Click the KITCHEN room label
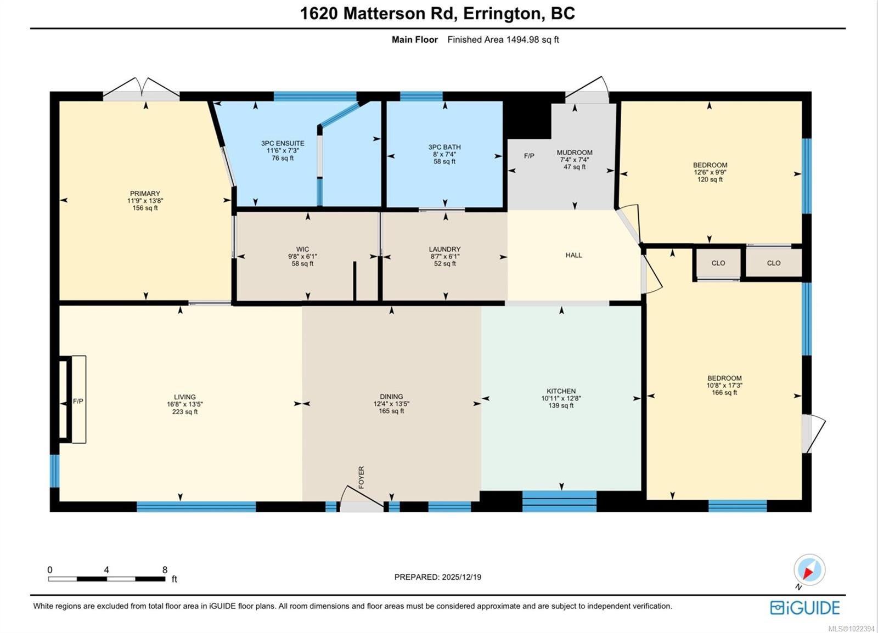[x=561, y=391]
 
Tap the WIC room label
[x=302, y=249]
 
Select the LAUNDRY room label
[x=444, y=249]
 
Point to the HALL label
[x=573, y=255]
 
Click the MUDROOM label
[x=575, y=152]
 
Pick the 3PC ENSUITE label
[x=283, y=143]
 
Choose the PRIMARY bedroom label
[x=145, y=194]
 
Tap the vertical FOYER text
[x=361, y=477]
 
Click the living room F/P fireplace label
[x=78, y=402]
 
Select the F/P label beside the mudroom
[x=529, y=156]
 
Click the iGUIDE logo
[x=804, y=608]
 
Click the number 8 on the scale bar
[x=165, y=570]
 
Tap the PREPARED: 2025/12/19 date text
[x=438, y=577]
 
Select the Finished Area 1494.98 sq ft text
[x=503, y=39]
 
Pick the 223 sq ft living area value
[x=184, y=412]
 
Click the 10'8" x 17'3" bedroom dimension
[x=724, y=385]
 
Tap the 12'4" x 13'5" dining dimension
[x=391, y=404]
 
